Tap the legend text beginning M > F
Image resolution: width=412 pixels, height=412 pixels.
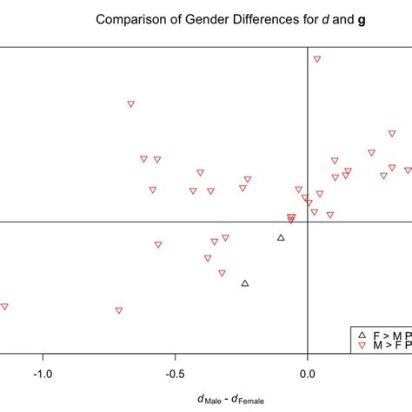(x=388, y=346)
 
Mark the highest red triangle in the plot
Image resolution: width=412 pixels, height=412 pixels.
(x=317, y=59)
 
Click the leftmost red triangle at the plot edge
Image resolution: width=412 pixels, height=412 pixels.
(x=4, y=306)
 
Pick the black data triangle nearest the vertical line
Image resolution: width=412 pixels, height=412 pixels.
(x=281, y=237)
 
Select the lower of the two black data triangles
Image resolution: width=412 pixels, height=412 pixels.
(x=245, y=282)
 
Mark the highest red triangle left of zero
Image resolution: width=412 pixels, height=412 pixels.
(x=130, y=103)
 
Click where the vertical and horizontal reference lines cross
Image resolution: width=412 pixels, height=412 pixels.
(x=308, y=221)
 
